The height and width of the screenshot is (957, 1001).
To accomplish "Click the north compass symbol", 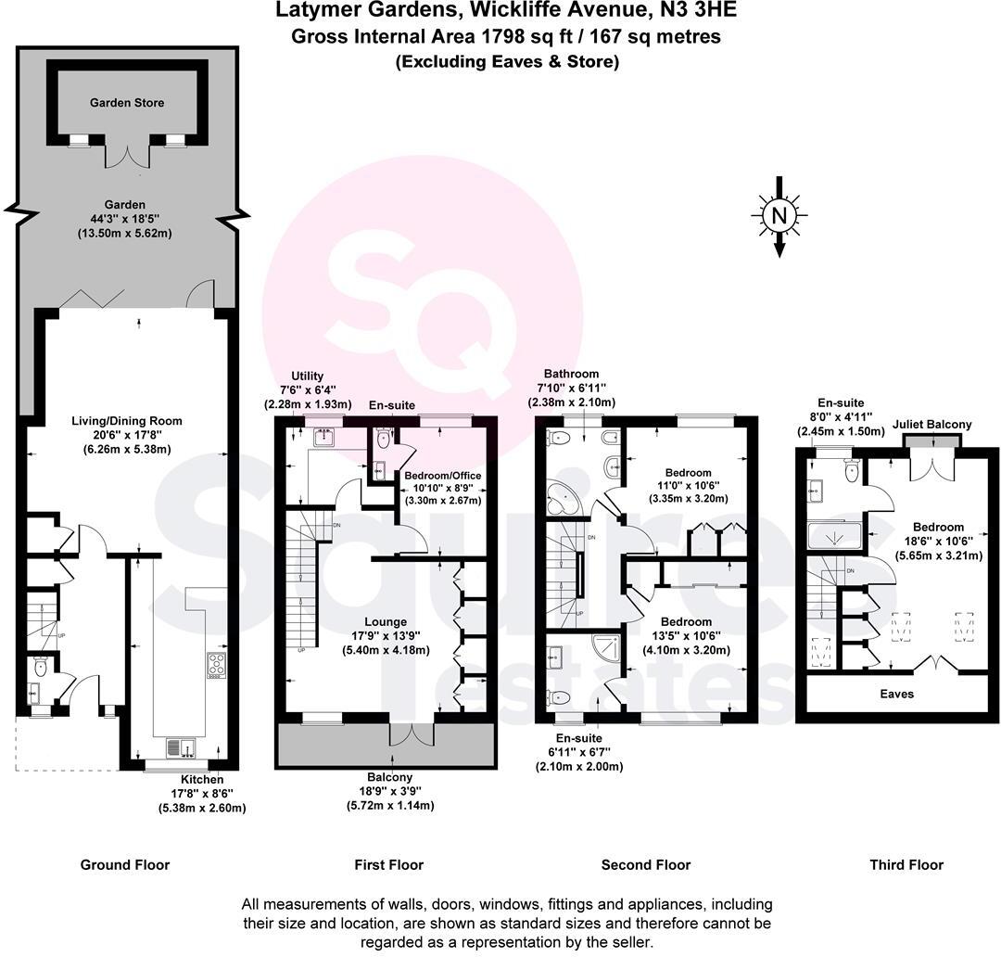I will (x=779, y=215).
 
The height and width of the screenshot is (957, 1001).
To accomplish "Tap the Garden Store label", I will (x=127, y=103).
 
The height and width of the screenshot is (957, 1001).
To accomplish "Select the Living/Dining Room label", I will (x=127, y=421).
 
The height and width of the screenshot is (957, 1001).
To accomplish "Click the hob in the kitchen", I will (x=216, y=666).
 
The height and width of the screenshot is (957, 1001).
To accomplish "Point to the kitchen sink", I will (x=178, y=746).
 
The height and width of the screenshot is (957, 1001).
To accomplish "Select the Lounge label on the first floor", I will (x=386, y=622).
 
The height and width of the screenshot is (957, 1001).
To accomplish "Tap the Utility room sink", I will (x=324, y=439).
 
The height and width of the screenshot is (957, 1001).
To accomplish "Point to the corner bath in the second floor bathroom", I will (x=563, y=501).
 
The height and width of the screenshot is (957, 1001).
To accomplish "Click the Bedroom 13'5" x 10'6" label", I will (x=686, y=622).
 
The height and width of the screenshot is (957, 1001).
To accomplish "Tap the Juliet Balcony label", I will (x=932, y=425).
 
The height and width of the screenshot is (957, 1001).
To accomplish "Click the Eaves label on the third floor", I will (x=896, y=694).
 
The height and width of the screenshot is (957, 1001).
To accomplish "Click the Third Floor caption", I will (x=906, y=865).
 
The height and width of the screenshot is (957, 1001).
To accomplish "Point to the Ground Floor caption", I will (x=125, y=865).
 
